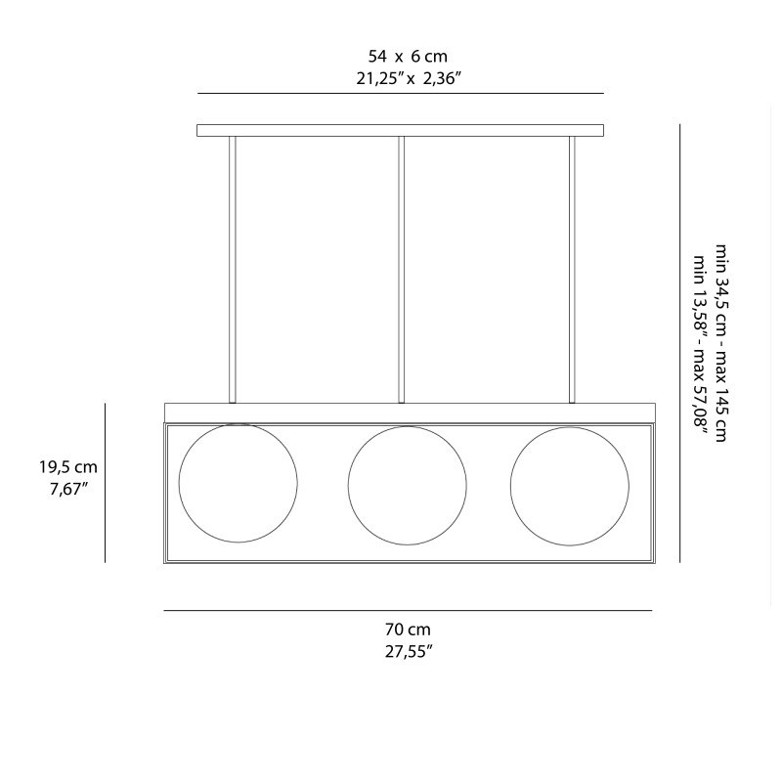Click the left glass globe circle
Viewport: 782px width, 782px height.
coord(238,483)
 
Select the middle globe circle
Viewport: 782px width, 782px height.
coord(407,486)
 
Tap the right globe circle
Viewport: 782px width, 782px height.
coord(568,486)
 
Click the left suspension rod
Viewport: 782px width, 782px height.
coord(233,269)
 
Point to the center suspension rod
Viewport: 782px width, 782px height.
coord(401,269)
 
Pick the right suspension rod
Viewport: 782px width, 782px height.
coord(572,269)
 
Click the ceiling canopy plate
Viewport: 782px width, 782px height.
coord(400,130)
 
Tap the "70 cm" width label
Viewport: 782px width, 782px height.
coord(408,630)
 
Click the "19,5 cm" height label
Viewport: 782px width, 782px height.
coord(68,467)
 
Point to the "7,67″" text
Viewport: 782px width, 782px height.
coord(68,489)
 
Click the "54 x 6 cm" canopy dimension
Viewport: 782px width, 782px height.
coord(408,57)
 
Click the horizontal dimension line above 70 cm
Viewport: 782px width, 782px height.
coord(407,611)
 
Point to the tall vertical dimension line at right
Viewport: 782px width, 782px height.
coord(679,342)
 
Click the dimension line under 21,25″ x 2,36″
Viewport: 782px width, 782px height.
coord(400,93)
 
